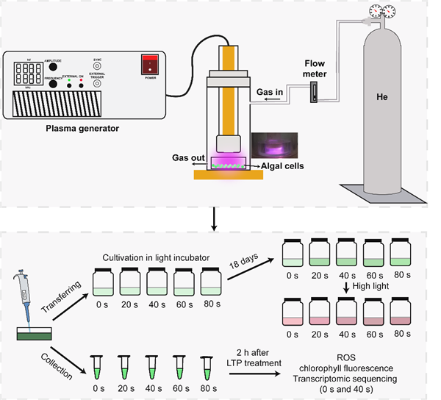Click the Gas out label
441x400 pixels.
pyautogui.click(x=184, y=158)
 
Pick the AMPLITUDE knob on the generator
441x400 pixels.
pyautogui.click(x=53, y=66)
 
